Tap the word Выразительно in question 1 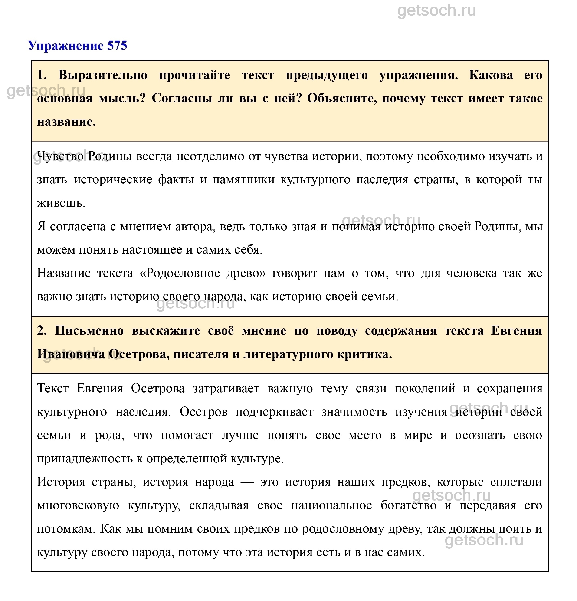103,75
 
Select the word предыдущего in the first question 326,75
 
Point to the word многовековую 78,505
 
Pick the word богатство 408,505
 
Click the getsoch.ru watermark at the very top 436,11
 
